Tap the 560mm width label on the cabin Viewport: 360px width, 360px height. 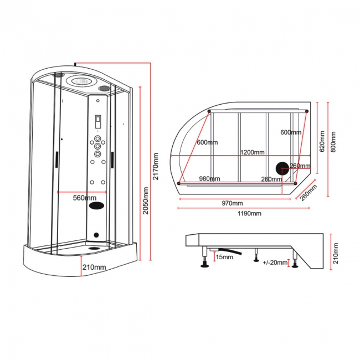pos(85,197)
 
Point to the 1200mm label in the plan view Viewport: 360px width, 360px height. pos(252,152)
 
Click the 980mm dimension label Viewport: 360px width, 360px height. pos(209,178)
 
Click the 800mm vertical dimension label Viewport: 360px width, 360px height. pos(333,142)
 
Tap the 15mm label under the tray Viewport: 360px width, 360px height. pos(224,256)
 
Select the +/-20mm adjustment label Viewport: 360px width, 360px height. pos(275,262)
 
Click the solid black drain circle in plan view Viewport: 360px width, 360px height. pos(282,168)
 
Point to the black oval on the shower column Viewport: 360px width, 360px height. pos(99,205)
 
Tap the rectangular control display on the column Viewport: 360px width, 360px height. pos(98,120)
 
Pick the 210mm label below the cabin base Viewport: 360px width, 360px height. pos(94,268)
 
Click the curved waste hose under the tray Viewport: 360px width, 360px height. pos(233,253)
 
